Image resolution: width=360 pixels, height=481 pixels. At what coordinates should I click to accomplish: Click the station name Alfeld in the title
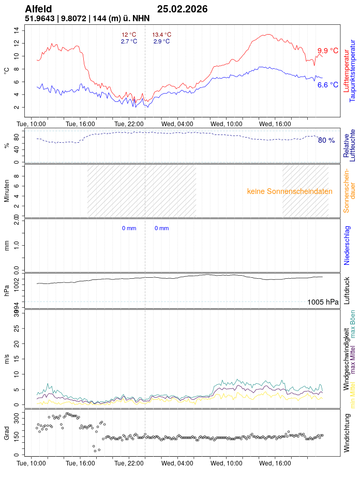[x=38, y=9]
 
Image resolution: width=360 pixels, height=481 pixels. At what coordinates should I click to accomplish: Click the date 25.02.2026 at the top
[x=182, y=9]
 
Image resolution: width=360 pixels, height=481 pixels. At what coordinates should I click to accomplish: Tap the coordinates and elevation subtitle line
[x=87, y=19]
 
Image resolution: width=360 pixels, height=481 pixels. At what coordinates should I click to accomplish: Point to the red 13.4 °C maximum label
[x=161, y=35]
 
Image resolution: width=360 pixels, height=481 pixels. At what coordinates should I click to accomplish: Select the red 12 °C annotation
[x=129, y=35]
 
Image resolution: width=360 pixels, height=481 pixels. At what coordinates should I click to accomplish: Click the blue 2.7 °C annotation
[x=129, y=41]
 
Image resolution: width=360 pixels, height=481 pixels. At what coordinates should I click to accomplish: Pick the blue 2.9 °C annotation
[x=161, y=41]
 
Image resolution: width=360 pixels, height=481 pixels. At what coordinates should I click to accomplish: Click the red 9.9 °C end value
[x=327, y=51]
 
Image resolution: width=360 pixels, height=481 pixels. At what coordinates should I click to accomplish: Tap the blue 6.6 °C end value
[x=327, y=85]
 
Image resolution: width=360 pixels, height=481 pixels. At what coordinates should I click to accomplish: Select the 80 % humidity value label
[x=326, y=140]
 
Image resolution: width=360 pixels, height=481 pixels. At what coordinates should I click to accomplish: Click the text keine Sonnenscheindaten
[x=290, y=191]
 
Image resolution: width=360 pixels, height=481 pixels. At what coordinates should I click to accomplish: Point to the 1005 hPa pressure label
[x=323, y=302]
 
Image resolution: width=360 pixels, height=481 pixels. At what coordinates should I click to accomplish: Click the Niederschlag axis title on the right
[x=347, y=245]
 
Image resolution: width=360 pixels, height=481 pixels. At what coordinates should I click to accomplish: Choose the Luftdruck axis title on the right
[x=347, y=291]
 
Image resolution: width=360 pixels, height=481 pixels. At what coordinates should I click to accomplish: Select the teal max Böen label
[x=353, y=324]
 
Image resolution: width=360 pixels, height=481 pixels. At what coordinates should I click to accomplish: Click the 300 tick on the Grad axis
[x=16, y=416]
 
